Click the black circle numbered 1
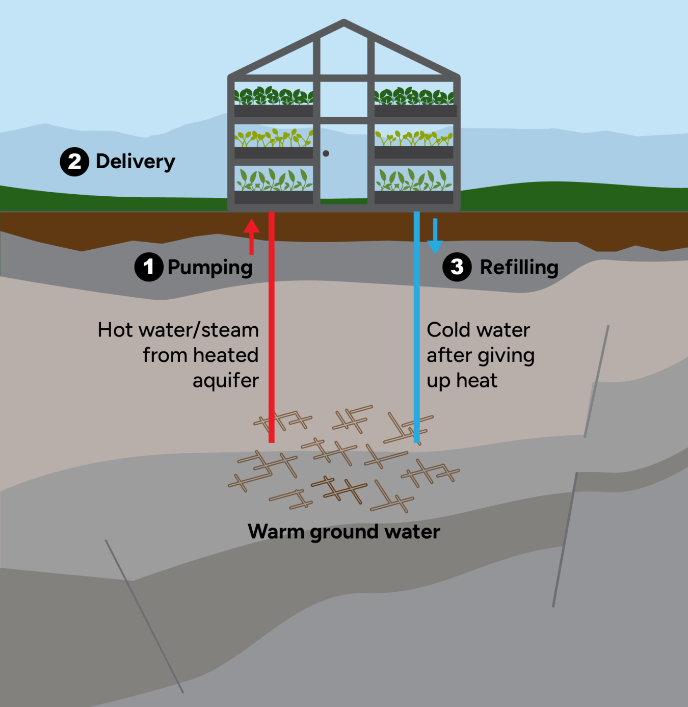tap(148, 267)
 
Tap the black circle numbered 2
tap(74, 162)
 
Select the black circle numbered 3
tap(457, 267)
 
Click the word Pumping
tap(210, 268)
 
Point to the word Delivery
tap(136, 162)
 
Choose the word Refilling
tap(519, 267)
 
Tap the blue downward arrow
tap(435, 236)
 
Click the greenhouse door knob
tap(326, 153)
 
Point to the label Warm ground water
tap(344, 532)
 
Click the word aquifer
tap(226, 381)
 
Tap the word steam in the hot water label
tap(230, 330)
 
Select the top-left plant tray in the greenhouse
tap(274, 111)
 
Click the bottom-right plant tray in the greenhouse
tap(414, 197)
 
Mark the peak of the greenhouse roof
tap(344, 22)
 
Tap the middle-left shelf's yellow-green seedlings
tap(274, 138)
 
